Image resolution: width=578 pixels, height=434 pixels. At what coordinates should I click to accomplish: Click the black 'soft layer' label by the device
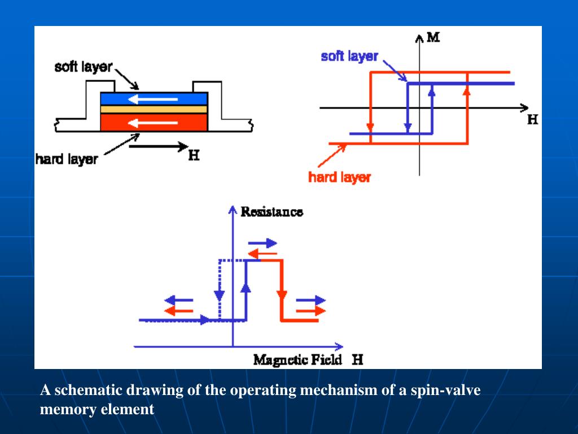(83, 67)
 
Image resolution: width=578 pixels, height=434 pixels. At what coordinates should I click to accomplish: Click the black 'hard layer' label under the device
(66, 159)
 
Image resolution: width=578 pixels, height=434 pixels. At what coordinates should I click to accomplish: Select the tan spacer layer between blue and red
(154, 109)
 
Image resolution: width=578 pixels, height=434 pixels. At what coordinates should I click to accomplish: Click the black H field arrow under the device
(157, 146)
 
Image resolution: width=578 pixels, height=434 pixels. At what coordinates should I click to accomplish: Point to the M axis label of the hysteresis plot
(433, 38)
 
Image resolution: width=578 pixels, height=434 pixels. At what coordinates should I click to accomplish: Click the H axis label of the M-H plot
(531, 120)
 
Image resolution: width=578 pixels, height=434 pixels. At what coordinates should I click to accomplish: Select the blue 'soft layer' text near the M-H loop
(349, 57)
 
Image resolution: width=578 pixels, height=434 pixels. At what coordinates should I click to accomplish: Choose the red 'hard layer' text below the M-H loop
(339, 177)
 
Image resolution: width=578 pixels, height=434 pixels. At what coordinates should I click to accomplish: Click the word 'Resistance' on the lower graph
(272, 212)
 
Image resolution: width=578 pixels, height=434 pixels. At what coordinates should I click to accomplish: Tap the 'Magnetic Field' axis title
(298, 359)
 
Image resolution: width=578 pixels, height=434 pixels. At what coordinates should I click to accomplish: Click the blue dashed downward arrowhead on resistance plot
(220, 296)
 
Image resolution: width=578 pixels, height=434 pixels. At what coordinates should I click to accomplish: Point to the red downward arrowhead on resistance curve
(281, 296)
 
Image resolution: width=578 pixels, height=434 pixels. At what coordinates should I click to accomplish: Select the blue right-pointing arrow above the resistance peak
(262, 243)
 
